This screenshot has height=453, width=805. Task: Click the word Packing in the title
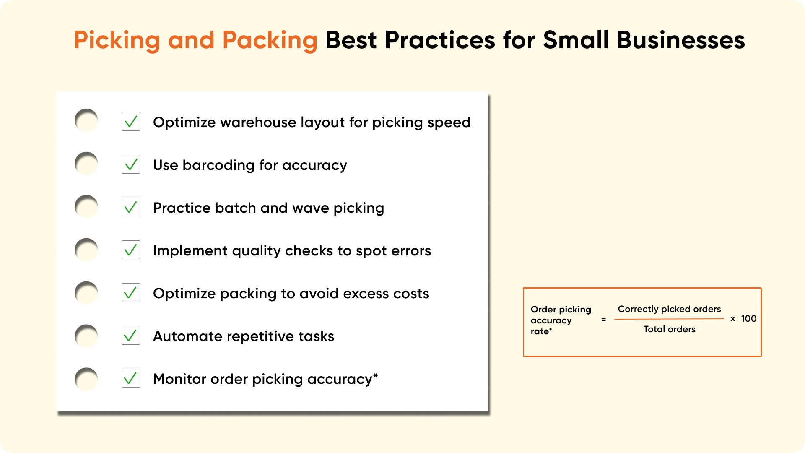[270, 41]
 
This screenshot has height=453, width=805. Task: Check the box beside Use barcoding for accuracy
[131, 164]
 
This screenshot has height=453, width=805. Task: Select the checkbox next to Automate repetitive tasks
[131, 336]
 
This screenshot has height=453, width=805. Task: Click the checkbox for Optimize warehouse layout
[131, 122]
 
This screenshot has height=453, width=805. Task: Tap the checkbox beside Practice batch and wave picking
[131, 207]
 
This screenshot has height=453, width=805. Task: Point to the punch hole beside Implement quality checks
[86, 250]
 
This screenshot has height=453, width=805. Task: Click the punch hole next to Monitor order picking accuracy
[86, 379]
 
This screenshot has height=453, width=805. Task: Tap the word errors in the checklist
[411, 251]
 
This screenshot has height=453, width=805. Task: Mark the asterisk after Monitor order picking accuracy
[375, 375]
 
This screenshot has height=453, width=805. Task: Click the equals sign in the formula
[604, 320]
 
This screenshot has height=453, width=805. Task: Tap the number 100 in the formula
[749, 319]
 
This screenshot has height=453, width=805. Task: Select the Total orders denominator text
[670, 329]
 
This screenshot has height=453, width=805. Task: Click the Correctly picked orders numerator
[670, 309]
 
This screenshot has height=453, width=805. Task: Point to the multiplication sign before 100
[733, 319]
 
